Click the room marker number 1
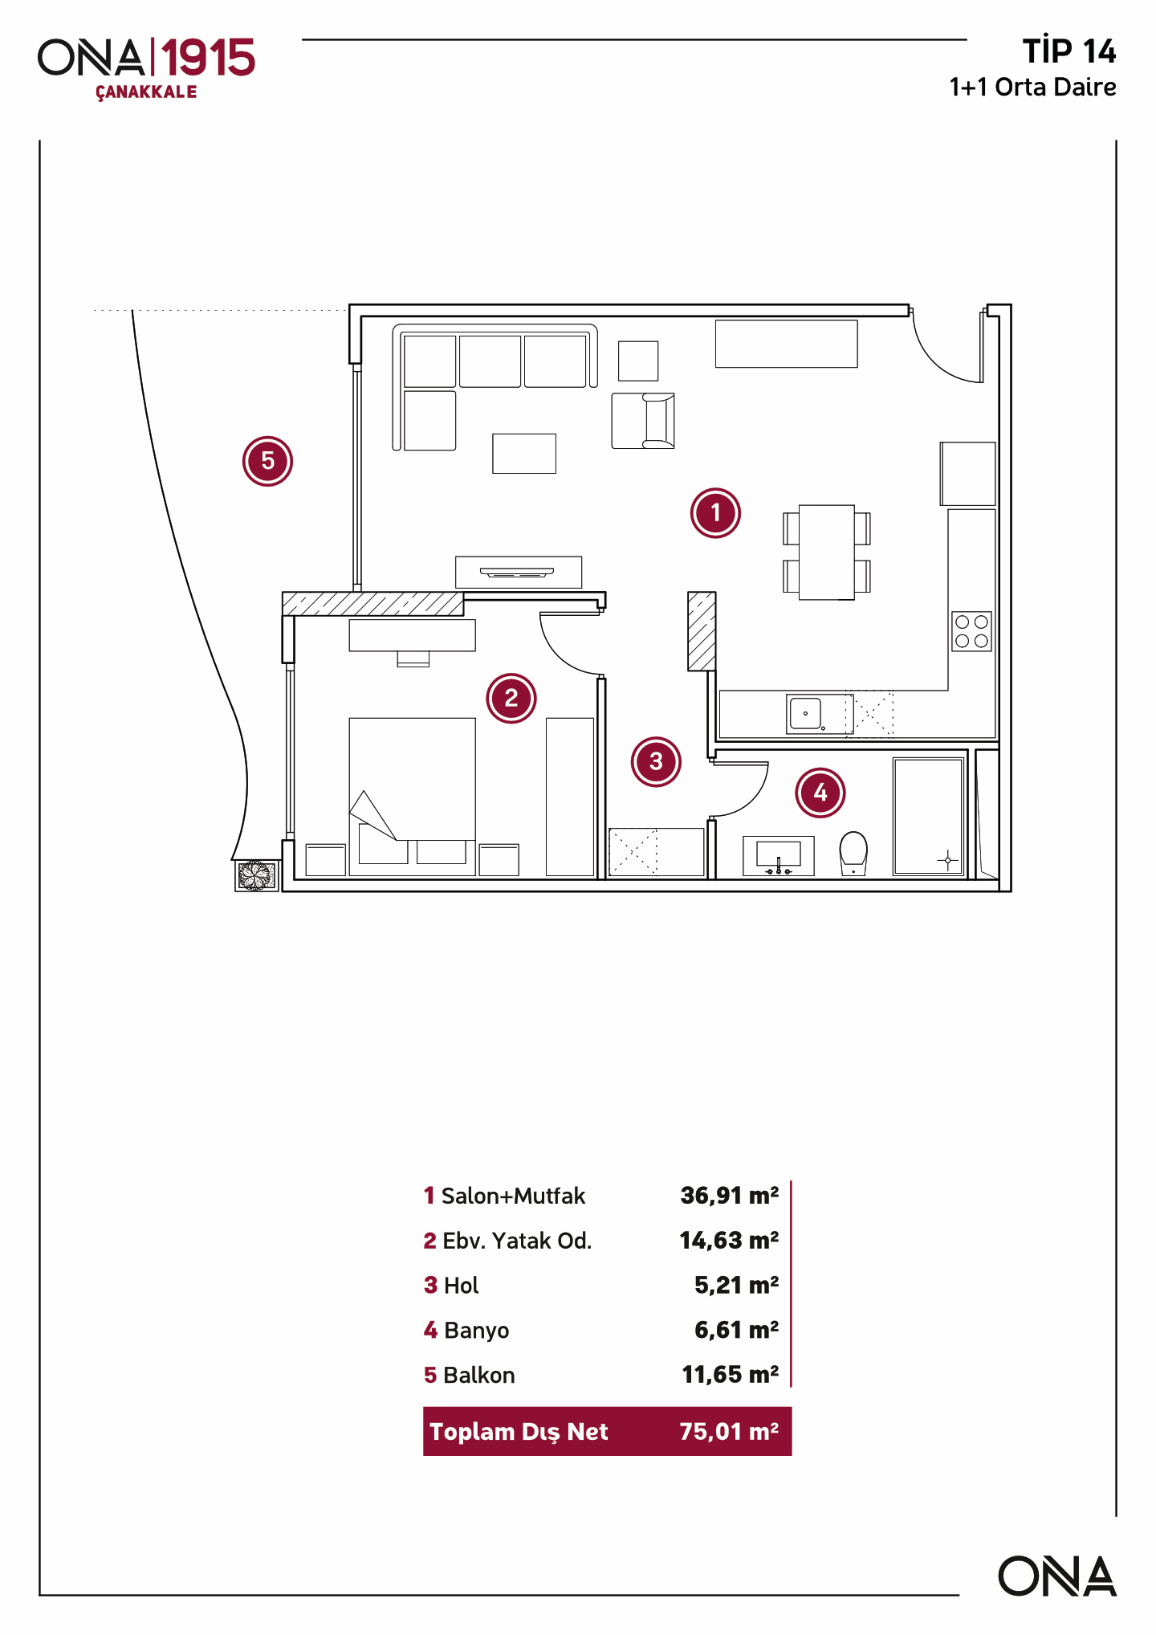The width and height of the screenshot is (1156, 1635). (715, 513)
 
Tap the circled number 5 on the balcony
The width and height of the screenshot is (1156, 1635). (267, 461)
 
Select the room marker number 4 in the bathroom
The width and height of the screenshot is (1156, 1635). (820, 793)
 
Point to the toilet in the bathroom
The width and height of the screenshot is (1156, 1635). (853, 853)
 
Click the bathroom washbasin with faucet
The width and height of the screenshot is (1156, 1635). (778, 855)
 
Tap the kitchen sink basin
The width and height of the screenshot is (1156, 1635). (805, 712)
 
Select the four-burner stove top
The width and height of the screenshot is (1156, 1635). (971, 631)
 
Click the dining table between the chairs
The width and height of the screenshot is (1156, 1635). (827, 552)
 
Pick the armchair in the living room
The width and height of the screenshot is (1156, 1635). (644, 420)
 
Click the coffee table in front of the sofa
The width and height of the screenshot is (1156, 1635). (524, 453)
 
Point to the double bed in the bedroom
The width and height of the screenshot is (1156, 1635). (412, 795)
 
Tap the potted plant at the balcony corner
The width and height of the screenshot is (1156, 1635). (256, 875)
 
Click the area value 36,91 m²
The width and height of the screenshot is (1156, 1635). (729, 1196)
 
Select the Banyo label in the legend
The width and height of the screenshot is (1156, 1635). (476, 1331)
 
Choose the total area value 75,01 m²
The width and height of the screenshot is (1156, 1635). (729, 1432)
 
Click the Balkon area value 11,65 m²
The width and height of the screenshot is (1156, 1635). (730, 1375)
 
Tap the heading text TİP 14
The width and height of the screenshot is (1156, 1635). (1068, 51)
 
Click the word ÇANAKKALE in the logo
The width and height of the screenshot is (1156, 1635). (146, 92)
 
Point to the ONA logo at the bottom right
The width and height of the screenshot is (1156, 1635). (1056, 1576)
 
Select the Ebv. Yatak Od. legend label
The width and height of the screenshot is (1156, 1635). (516, 1241)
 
